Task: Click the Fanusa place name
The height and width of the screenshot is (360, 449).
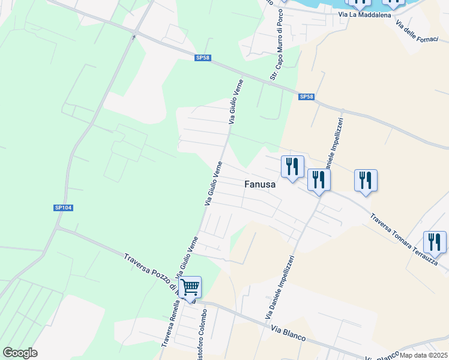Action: [x=260, y=185]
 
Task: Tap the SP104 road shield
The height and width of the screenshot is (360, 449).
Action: [x=63, y=208]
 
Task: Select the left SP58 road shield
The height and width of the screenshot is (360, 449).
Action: [x=203, y=58]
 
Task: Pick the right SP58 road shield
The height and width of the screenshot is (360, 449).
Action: [x=306, y=97]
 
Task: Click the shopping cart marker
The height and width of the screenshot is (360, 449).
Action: [x=190, y=287]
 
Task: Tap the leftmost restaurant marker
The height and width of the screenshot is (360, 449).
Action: [x=292, y=166]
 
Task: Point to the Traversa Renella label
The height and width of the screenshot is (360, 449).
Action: [x=169, y=324]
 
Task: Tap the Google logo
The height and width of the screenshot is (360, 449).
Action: [x=20, y=353]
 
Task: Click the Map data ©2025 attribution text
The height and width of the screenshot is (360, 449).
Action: [x=424, y=355]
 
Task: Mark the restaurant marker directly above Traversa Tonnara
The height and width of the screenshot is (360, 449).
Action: [x=365, y=180]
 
